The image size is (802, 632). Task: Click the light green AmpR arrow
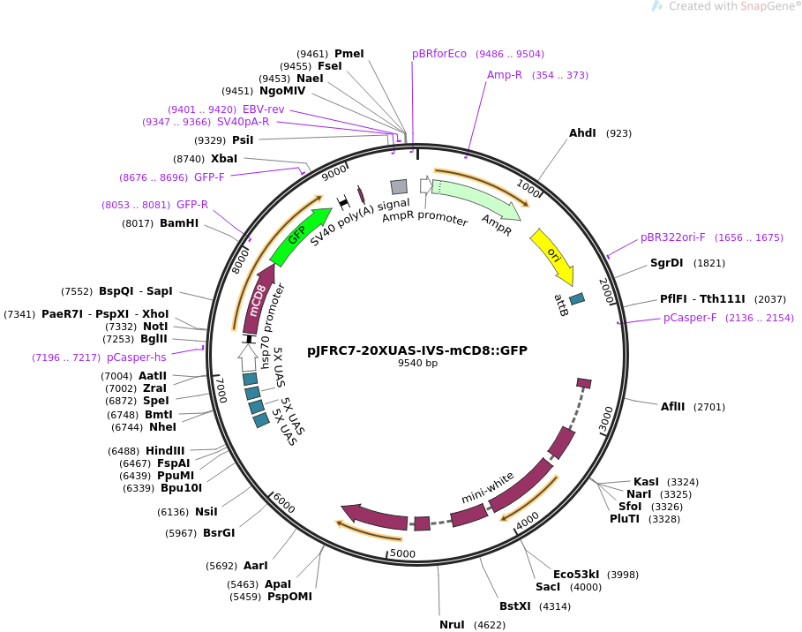click(x=476, y=199)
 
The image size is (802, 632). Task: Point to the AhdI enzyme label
click(x=582, y=133)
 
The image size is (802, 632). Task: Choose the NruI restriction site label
click(x=452, y=625)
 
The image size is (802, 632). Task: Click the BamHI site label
click(x=179, y=223)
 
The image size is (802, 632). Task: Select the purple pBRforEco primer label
click(x=439, y=54)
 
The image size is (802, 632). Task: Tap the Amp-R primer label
click(x=505, y=75)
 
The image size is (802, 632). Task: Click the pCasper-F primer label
click(x=690, y=318)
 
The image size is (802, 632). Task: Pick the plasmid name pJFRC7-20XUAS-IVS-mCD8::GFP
click(x=417, y=350)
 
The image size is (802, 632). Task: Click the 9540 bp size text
click(x=417, y=363)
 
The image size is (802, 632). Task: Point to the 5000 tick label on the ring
click(x=402, y=553)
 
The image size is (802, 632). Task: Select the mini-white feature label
click(x=488, y=487)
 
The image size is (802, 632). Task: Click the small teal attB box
click(x=577, y=299)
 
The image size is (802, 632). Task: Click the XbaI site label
click(x=224, y=159)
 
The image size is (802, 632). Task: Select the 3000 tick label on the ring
click(x=605, y=419)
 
